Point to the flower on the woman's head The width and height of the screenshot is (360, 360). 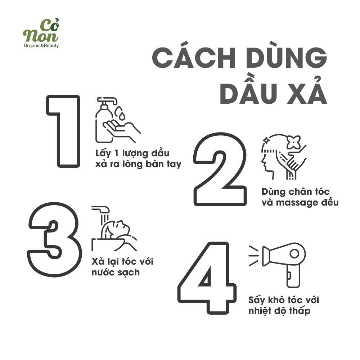tap(293, 142)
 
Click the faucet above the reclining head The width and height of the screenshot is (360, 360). tap(101, 210)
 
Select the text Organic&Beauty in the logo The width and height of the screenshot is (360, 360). tap(41, 46)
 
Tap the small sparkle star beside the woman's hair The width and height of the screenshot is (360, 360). tap(266, 140)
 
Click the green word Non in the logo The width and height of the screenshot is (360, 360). tap(41, 36)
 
